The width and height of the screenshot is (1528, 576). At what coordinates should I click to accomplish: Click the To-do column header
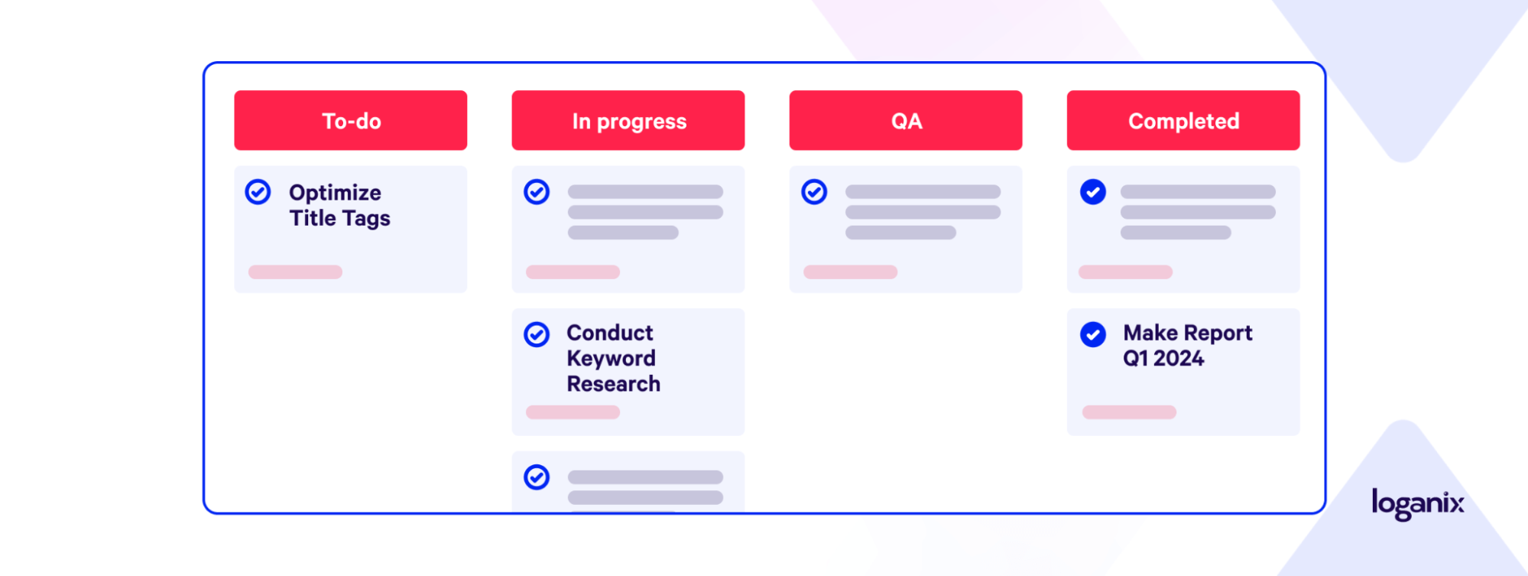click(x=350, y=120)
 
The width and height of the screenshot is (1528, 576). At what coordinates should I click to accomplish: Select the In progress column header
click(x=628, y=120)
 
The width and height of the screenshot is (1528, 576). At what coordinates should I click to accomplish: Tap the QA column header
click(x=906, y=120)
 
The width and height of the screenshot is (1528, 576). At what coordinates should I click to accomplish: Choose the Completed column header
click(x=1183, y=120)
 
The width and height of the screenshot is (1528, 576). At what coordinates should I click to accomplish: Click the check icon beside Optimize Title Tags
click(x=258, y=192)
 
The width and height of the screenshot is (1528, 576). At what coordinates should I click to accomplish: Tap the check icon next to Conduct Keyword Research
click(x=537, y=334)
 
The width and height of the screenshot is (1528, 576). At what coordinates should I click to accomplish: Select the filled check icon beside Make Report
click(x=1093, y=334)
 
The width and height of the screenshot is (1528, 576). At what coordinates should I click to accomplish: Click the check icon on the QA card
click(x=814, y=192)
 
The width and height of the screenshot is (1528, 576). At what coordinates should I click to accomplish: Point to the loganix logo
click(x=1418, y=504)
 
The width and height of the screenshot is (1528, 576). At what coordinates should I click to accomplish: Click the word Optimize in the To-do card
click(x=335, y=194)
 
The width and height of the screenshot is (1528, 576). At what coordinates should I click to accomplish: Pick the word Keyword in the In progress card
click(x=611, y=359)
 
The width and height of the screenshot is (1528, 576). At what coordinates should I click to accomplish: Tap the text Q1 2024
click(x=1163, y=358)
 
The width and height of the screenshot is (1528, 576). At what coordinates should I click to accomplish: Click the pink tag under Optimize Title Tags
click(x=295, y=272)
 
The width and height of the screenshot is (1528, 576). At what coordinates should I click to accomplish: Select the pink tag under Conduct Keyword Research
click(x=573, y=412)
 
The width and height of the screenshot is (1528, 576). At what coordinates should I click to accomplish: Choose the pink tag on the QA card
click(x=850, y=272)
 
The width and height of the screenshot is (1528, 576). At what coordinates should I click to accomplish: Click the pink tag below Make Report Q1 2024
click(x=1129, y=412)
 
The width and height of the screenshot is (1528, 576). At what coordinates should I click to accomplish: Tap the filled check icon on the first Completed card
click(x=1093, y=192)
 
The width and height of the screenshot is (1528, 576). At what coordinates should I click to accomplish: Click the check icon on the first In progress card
click(x=537, y=192)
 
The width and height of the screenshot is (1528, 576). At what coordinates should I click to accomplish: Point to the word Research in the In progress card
click(x=613, y=383)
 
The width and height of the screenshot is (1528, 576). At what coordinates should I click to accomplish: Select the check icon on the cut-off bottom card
click(x=537, y=477)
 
